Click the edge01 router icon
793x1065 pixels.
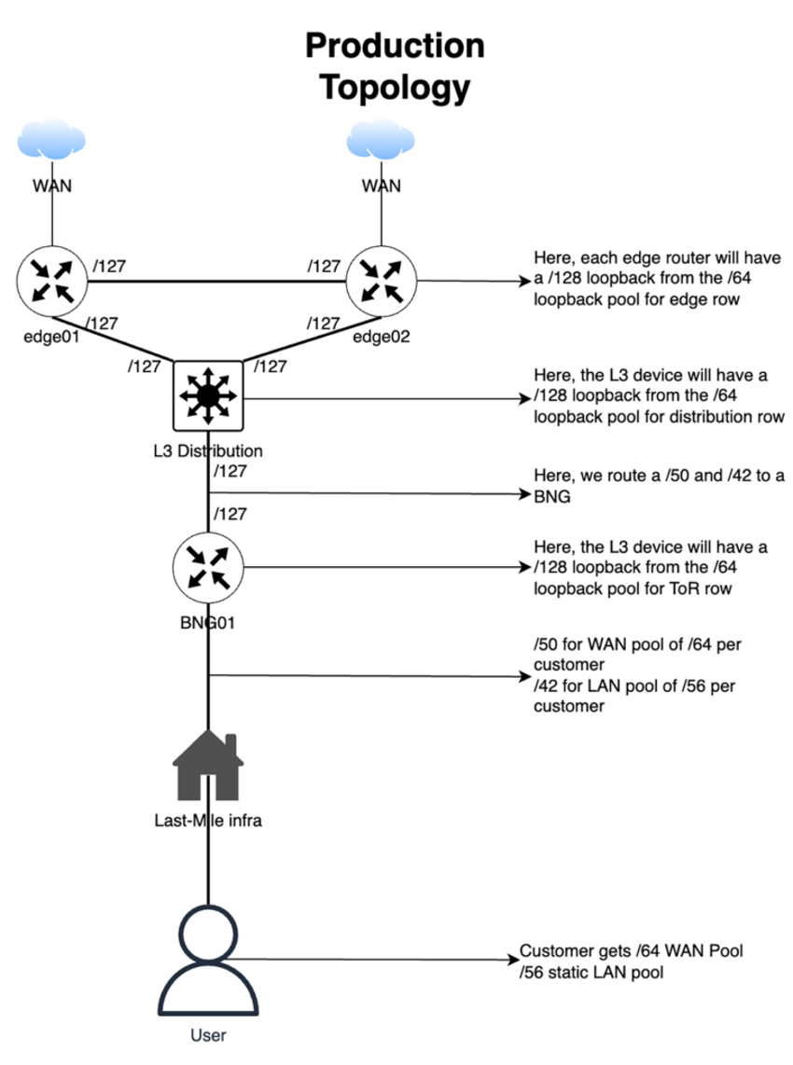pos(51,281)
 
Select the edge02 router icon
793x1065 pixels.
pos(382,281)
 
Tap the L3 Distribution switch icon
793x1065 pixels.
pos(208,396)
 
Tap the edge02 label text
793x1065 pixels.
pos(382,338)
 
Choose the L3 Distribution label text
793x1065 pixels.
pos(208,451)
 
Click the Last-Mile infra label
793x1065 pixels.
pos(208,822)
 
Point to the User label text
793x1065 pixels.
pos(208,1034)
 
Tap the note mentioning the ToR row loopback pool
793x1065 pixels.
pos(650,567)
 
